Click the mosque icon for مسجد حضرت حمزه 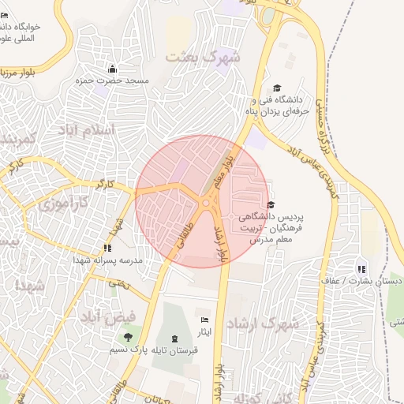[x=112, y=69]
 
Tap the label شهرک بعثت [x=202, y=58]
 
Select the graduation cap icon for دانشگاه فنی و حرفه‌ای [x=277, y=88]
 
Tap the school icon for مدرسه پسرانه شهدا [x=107, y=249]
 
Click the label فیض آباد [x=108, y=316]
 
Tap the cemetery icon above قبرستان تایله [x=174, y=338]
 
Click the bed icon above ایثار [x=205, y=320]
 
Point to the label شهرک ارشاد [x=263, y=324]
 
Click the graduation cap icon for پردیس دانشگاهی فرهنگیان [x=271, y=204]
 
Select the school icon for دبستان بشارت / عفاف [x=361, y=269]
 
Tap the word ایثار [x=205, y=333]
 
